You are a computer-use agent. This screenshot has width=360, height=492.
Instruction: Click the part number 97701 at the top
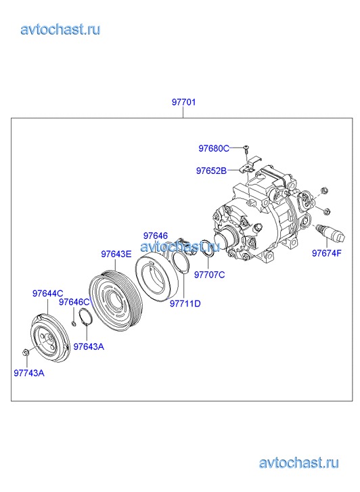183,102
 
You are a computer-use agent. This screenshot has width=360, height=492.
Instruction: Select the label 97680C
214,148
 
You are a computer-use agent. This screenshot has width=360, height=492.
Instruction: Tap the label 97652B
211,171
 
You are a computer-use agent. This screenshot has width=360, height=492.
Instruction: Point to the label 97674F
326,253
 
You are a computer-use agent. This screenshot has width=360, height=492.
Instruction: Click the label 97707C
209,275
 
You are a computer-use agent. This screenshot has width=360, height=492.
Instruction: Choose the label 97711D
185,304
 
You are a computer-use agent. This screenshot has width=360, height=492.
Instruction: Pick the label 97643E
116,254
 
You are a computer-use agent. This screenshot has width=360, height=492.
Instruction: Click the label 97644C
48,294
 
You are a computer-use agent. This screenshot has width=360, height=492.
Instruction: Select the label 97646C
74,302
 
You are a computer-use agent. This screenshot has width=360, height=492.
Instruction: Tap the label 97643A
89,346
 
